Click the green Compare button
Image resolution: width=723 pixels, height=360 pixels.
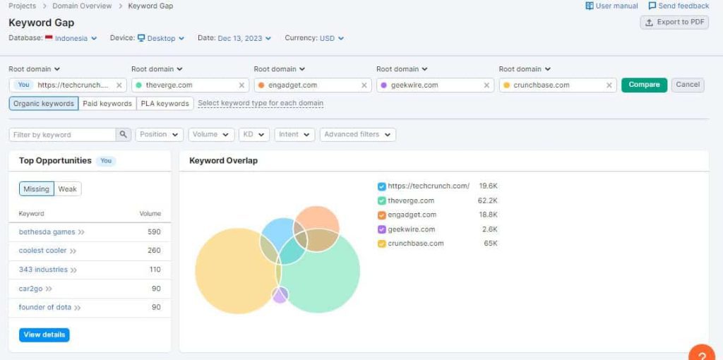pyautogui.click(x=644, y=85)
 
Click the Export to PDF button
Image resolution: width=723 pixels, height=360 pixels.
pyautogui.click(x=674, y=22)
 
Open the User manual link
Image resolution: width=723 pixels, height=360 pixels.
pyautogui.click(x=611, y=6)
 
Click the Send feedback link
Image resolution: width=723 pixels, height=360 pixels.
pyautogui.click(x=679, y=6)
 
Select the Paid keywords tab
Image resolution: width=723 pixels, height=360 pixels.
pyautogui.click(x=107, y=104)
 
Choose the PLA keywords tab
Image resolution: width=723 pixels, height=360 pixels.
pyautogui.click(x=165, y=104)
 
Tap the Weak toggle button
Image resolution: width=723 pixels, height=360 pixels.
pyautogui.click(x=68, y=189)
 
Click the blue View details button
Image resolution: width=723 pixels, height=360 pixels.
pyautogui.click(x=44, y=335)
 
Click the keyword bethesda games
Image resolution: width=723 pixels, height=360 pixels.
pyautogui.click(x=47, y=232)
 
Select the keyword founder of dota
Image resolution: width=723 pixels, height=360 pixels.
pyautogui.click(x=45, y=307)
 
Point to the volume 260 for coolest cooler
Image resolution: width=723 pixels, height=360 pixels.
pyautogui.click(x=154, y=251)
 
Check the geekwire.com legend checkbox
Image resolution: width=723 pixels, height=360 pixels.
pyautogui.click(x=382, y=229)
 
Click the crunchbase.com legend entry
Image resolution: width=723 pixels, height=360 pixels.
pyautogui.click(x=415, y=244)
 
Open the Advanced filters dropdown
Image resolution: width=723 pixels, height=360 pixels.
pyautogui.click(x=357, y=134)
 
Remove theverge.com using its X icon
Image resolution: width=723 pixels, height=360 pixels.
pyautogui.click(x=241, y=85)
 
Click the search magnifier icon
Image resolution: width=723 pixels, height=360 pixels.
pyautogui.click(x=124, y=134)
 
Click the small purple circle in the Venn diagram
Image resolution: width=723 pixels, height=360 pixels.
pyautogui.click(x=280, y=295)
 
